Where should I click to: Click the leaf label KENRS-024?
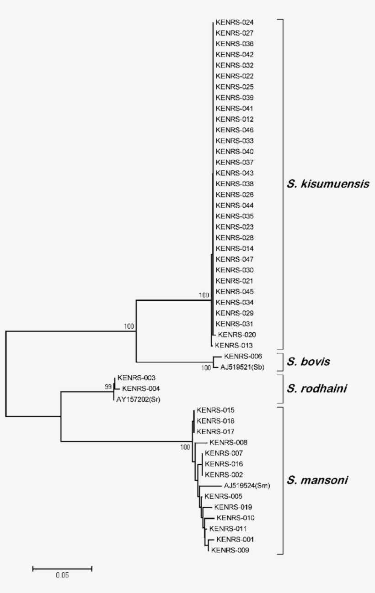234,22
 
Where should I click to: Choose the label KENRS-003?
136,378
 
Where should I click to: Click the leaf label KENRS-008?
228,442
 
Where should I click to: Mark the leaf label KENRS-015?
215,410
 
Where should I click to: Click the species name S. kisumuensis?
328,184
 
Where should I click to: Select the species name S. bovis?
309,362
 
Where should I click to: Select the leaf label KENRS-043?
234,173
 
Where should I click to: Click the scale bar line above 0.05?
62,568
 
